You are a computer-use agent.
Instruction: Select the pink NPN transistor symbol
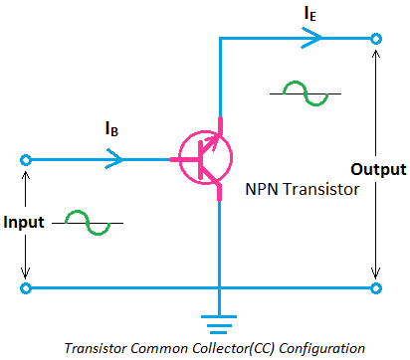tap(204, 157)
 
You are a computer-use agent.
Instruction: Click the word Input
tap(24, 222)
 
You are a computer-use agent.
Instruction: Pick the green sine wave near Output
tap(305, 92)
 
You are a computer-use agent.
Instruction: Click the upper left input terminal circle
tap(26, 158)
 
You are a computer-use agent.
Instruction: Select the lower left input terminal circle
tap(26, 289)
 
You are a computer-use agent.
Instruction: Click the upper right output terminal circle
tap(376, 39)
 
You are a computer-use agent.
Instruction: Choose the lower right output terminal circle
tap(376, 289)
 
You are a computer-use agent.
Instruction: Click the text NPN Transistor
tap(301, 188)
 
